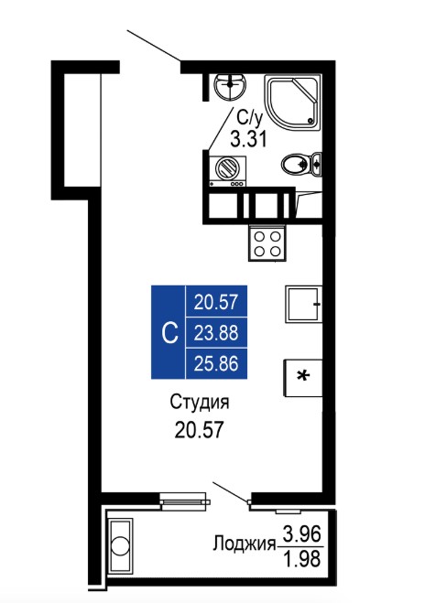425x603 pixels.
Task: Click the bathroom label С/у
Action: click(x=250, y=118)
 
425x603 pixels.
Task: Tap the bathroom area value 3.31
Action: click(x=248, y=139)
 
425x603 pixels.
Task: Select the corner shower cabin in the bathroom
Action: click(x=292, y=103)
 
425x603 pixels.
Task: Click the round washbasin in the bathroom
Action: click(x=230, y=87)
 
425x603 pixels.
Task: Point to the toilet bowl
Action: click(x=301, y=165)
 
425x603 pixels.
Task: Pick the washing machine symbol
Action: click(x=227, y=171)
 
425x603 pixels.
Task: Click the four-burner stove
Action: click(x=267, y=243)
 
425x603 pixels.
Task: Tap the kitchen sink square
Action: click(x=303, y=304)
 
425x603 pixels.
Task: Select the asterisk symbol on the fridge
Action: click(x=304, y=376)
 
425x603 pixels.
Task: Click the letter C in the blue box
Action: click(x=169, y=333)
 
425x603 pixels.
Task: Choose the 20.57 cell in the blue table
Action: click(x=216, y=302)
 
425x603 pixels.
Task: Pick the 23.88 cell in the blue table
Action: click(x=216, y=333)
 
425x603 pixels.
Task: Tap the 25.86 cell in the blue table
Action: click(x=216, y=364)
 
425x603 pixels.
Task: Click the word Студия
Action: click(x=200, y=403)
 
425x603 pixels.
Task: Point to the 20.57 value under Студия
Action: click(x=199, y=429)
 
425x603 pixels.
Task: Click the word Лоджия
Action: click(x=245, y=544)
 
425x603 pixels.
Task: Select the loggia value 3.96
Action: click(x=302, y=534)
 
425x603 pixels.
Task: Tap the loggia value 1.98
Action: click(x=302, y=560)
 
